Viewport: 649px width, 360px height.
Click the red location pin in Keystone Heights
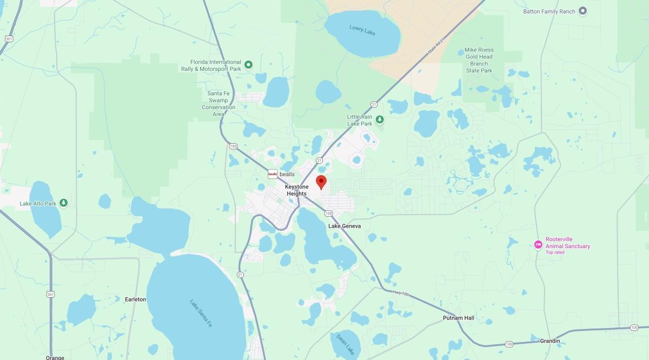pyautogui.click(x=321, y=182)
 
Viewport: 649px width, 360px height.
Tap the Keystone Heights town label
pyautogui.click(x=296, y=190)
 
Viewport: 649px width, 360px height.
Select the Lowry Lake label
pyautogui.click(x=362, y=30)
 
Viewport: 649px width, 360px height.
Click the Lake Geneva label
pyautogui.click(x=345, y=226)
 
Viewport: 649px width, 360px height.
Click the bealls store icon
pyautogui.click(x=273, y=174)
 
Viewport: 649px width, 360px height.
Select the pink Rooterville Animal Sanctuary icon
pyautogui.click(x=538, y=245)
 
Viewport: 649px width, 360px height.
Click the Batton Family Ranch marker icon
pyautogui.click(x=583, y=11)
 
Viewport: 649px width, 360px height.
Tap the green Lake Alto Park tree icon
pyautogui.click(x=64, y=203)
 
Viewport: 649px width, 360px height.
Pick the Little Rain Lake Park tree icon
pyautogui.click(x=380, y=119)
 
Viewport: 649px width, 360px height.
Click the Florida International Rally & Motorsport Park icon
pyautogui.click(x=249, y=65)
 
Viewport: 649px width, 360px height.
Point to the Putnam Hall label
pyautogui.click(x=458, y=318)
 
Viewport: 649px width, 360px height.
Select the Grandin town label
pyautogui.click(x=550, y=341)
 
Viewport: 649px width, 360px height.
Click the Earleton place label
pyautogui.click(x=135, y=299)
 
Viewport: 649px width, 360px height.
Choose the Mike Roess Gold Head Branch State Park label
pyautogui.click(x=479, y=60)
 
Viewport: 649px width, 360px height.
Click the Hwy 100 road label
pyautogui.click(x=401, y=293)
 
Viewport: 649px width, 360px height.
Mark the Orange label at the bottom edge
pyautogui.click(x=55, y=357)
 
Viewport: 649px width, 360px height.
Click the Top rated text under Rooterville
pyautogui.click(x=555, y=252)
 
